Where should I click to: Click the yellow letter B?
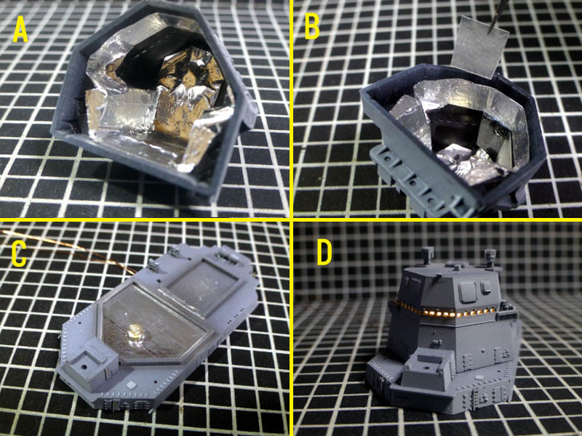[x=312, y=27]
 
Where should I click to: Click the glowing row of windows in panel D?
[x=445, y=311]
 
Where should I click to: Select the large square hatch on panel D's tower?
[x=467, y=291]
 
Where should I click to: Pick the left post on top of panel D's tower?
[x=427, y=256]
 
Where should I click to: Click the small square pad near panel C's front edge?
[x=132, y=384]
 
